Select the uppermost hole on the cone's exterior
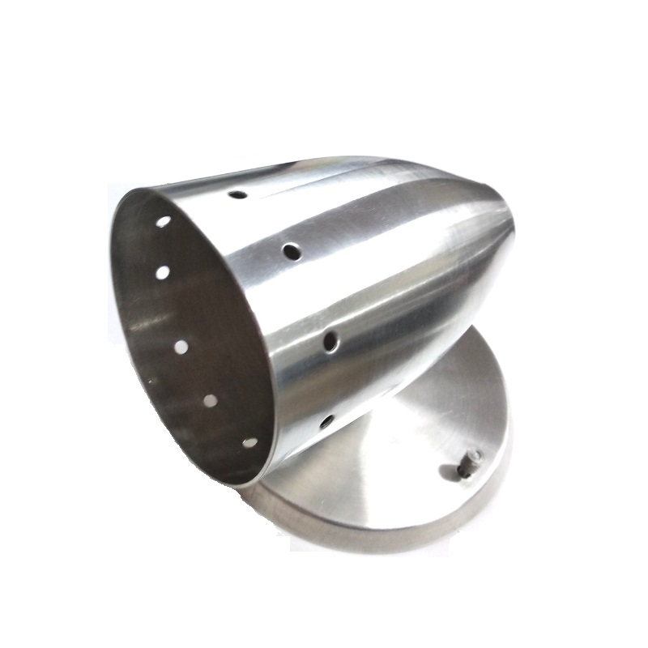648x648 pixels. tap(238, 195)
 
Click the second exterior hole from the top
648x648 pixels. tap(292, 252)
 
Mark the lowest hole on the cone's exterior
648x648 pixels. tap(326, 421)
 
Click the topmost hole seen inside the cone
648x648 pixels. tap(164, 221)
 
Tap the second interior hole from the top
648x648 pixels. tap(163, 273)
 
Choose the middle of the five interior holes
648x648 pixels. tap(181, 347)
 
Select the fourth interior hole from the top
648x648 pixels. tap(210, 400)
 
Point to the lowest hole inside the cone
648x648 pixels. tap(249, 442)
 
